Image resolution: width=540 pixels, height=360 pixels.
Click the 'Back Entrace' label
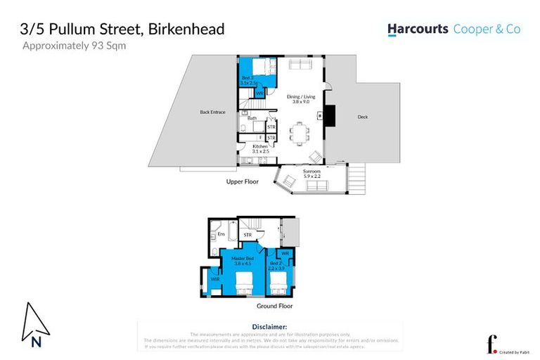pyautogui.click(x=212, y=112)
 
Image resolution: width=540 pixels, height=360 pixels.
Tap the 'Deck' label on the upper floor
pyautogui.click(x=362, y=117)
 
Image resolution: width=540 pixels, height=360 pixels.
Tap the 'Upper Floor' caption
pyautogui.click(x=242, y=181)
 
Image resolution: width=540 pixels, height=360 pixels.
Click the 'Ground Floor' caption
pyautogui.click(x=275, y=306)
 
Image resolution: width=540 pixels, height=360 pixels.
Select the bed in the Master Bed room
pyautogui.click(x=243, y=285)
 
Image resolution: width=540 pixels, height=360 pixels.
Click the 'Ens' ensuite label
pyautogui.click(x=221, y=233)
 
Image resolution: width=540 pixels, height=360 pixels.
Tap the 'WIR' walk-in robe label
pyautogui.click(x=215, y=279)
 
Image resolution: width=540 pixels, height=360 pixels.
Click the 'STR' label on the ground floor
pyautogui.click(x=247, y=234)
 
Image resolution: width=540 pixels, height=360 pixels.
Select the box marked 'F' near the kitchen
pyautogui.click(x=262, y=137)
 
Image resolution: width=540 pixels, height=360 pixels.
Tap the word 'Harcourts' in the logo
pyautogui.click(x=417, y=30)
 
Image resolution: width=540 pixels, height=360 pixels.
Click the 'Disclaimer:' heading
pyautogui.click(x=269, y=327)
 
